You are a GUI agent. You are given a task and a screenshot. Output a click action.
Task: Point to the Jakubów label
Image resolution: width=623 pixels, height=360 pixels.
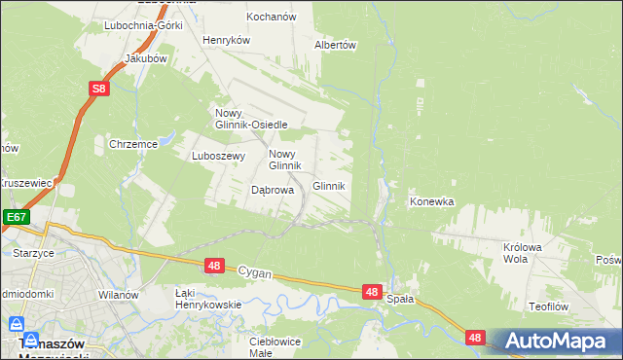[x=147, y=58]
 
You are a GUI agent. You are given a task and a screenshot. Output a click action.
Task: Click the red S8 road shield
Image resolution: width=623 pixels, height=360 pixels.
[x=98, y=90]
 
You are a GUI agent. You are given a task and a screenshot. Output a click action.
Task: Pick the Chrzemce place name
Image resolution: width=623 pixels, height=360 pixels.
[x=133, y=144]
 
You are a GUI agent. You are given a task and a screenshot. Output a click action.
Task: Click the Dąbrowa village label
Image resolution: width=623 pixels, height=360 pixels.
[x=273, y=191]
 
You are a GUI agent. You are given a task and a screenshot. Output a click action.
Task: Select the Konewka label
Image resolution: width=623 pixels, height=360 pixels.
[x=432, y=202]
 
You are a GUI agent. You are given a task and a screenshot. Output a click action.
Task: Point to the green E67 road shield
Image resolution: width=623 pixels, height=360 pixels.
[x=14, y=217]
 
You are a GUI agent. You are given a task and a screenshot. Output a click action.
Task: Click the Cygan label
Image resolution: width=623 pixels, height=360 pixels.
[x=255, y=274]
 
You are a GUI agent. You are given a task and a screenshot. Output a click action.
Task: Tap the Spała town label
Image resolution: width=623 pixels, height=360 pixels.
[x=400, y=299]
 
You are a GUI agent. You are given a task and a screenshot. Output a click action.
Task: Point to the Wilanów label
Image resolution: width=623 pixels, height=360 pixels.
[x=119, y=293]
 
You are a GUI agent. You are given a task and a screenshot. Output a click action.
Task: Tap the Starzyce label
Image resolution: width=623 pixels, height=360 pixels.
[x=34, y=253]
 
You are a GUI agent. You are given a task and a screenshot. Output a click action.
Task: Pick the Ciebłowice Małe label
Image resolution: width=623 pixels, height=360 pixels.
[x=275, y=347]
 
